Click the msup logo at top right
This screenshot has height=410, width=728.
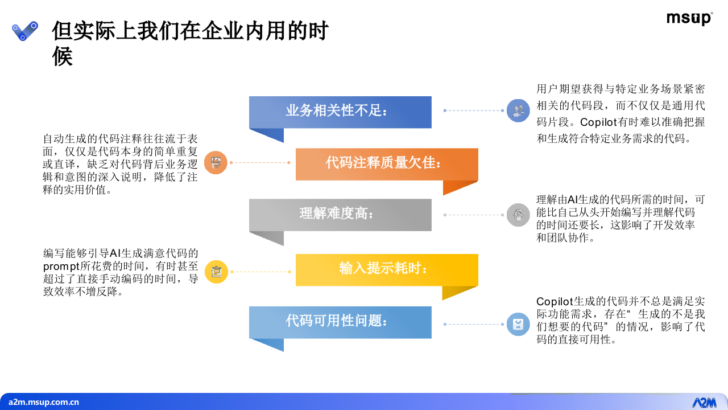[x=689, y=19]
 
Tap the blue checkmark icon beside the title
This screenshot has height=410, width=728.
[x=25, y=31]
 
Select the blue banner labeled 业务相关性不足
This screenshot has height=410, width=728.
[x=340, y=112]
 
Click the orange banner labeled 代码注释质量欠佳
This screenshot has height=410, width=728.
[x=387, y=164]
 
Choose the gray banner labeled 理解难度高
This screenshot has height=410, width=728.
[x=340, y=215]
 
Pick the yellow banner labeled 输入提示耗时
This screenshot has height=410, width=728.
[x=387, y=269]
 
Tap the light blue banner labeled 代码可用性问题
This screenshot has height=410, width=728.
[x=340, y=322]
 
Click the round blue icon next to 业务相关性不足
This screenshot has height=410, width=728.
[x=518, y=110]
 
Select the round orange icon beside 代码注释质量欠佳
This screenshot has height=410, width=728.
[x=216, y=163]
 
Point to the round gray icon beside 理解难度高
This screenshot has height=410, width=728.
[x=518, y=215]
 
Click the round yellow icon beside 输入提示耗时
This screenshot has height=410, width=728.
[x=216, y=272]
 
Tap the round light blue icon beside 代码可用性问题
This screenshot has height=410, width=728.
[x=518, y=324]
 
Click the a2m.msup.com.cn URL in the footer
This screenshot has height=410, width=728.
[x=44, y=402]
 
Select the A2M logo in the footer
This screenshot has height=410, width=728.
[x=704, y=402]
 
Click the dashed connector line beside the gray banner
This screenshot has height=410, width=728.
[x=474, y=215]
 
